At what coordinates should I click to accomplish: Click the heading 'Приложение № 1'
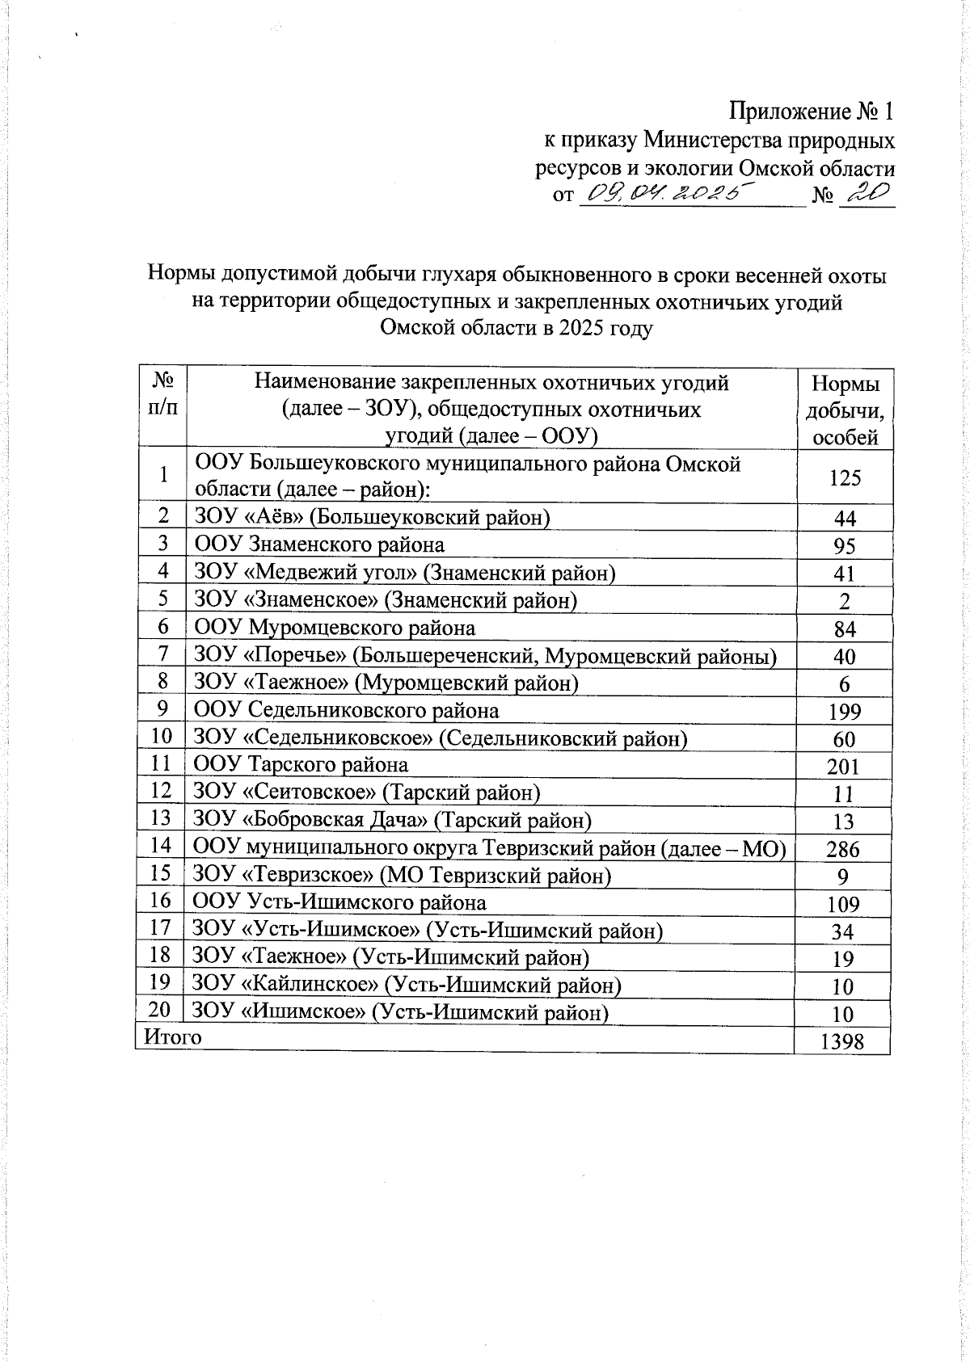coord(812,111)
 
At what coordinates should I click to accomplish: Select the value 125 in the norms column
coord(844,478)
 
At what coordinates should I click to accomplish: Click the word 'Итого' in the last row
coord(172,1036)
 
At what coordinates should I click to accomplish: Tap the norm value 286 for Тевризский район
coord(842,849)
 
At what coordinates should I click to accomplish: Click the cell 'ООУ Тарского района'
coord(301,765)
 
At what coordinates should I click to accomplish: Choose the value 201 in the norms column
coord(842,766)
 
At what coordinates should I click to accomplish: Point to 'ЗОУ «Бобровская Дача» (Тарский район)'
coord(392,821)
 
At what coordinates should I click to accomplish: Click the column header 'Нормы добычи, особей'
coord(845,410)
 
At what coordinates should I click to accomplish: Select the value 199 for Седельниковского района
coord(844,712)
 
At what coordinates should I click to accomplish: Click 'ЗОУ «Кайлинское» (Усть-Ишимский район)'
coord(407,986)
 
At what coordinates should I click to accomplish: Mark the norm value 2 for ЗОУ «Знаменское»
coord(844,602)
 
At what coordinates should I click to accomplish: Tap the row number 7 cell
coord(163,654)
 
